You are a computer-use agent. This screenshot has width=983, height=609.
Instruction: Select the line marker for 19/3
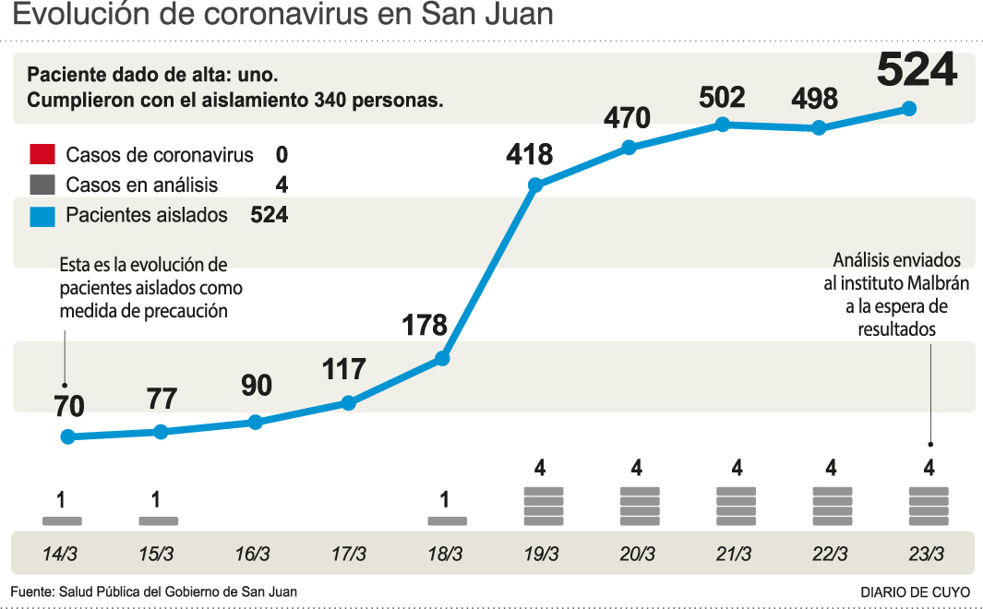coord(535,185)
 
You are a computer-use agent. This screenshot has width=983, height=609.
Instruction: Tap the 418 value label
coord(529,154)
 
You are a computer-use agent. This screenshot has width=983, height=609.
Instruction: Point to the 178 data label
coord(425,325)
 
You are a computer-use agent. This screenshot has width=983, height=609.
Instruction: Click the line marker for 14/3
coord(66,436)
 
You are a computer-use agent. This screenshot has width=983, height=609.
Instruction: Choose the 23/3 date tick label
coord(927,555)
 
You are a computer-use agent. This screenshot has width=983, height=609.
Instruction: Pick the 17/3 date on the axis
coord(348,555)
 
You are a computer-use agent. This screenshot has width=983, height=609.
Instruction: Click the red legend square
coord(42,155)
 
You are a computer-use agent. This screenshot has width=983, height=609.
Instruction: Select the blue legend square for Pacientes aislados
coord(42,216)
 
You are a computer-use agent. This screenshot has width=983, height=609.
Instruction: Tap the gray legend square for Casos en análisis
coord(42,185)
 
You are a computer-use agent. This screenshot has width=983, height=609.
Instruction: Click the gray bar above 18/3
coord(447,521)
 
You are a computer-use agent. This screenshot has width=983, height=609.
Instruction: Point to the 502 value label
coord(722,97)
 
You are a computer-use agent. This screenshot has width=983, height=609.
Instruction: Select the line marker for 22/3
coord(818,128)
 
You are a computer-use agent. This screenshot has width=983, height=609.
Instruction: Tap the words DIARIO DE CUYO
coord(915,592)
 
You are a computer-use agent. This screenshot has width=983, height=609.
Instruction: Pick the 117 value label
coord(344,370)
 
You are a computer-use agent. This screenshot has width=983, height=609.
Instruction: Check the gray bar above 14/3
coord(62,521)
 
